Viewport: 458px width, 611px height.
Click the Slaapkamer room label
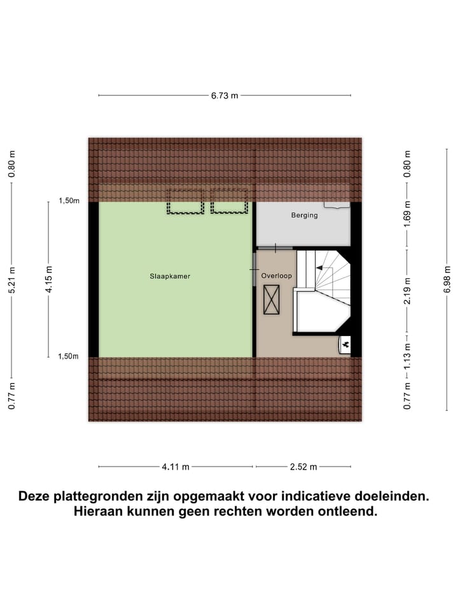click(170, 277)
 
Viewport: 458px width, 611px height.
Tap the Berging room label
click(304, 216)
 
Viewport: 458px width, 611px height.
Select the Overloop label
click(276, 276)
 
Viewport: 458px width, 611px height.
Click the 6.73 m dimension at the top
click(225, 96)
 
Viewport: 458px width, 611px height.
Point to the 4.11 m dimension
click(175, 467)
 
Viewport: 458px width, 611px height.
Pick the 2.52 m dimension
click(303, 467)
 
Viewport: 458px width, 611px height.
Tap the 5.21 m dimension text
click(12, 280)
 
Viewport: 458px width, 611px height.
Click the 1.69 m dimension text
click(408, 216)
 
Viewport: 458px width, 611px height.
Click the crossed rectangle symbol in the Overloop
click(271, 299)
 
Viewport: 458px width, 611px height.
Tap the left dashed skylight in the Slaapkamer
click(185, 201)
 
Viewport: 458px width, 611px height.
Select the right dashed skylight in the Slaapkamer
click(229, 201)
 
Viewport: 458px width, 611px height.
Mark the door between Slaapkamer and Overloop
click(254, 270)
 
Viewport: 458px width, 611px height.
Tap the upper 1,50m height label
click(69, 201)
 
